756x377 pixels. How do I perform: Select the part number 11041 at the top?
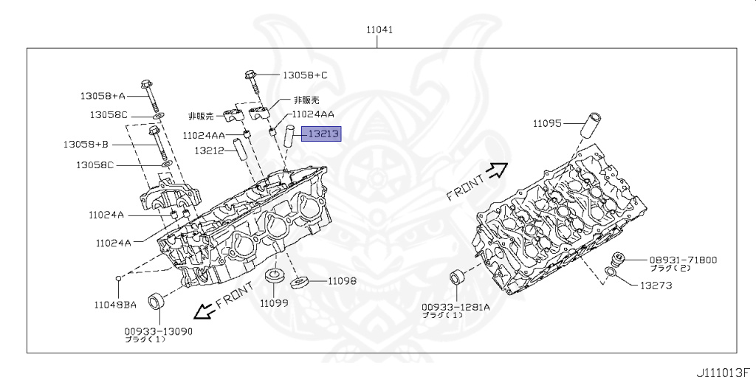tap(379, 30)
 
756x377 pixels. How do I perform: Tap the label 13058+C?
tap(305, 75)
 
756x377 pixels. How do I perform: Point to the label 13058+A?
tap(103, 96)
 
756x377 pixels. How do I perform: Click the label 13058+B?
tap(86, 144)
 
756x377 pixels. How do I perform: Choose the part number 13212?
tap(209, 151)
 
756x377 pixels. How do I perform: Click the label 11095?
tap(547, 123)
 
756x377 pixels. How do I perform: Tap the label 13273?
tap(656, 286)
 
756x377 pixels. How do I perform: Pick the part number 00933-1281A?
tap(456, 307)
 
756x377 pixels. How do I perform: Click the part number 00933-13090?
tap(159, 331)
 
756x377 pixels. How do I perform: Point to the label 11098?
tap(342, 280)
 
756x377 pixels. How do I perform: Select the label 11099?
tap(274, 302)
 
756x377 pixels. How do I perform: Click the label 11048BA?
tap(115, 304)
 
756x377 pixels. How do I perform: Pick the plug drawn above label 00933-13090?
tap(157, 301)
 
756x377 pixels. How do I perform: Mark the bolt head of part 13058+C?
tap(250, 75)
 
